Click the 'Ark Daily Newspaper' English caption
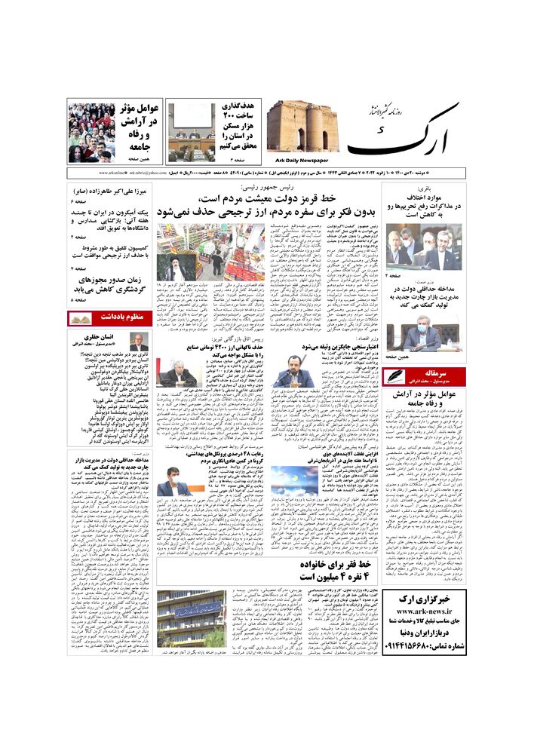click(x=299, y=161)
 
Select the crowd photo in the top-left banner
click(x=91, y=133)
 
